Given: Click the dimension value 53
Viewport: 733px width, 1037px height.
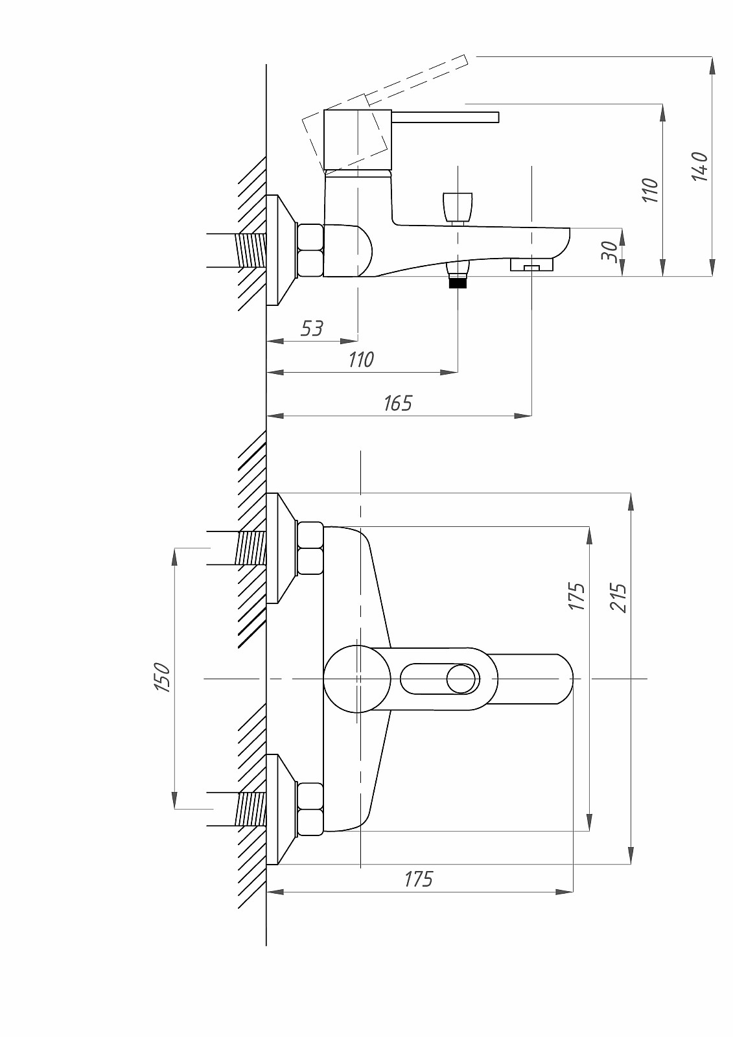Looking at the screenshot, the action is (312, 329).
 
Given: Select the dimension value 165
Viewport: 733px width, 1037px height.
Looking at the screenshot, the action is (397, 403).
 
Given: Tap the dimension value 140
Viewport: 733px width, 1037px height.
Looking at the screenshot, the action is (699, 167).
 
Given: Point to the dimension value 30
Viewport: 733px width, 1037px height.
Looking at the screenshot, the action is (609, 251).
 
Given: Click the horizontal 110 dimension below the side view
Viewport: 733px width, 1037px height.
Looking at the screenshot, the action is (361, 359).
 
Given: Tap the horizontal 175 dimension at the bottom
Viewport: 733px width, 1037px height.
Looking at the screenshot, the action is (418, 879).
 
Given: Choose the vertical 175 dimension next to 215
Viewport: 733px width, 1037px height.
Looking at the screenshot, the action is (577, 596).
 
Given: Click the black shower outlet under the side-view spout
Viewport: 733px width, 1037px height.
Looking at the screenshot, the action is (458, 281).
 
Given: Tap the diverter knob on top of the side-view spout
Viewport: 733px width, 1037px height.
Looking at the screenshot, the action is (458, 207).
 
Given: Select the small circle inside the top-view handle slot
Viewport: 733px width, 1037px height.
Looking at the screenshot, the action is (462, 679).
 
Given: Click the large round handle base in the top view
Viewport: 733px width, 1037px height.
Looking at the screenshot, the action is (357, 679).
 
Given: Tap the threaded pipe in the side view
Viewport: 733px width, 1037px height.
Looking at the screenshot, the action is (252, 250).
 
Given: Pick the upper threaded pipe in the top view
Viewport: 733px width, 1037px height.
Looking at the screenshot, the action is (251, 548).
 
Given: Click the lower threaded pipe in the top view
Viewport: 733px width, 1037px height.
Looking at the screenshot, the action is (251, 809).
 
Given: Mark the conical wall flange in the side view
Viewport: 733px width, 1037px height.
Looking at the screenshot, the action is (281, 250).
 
